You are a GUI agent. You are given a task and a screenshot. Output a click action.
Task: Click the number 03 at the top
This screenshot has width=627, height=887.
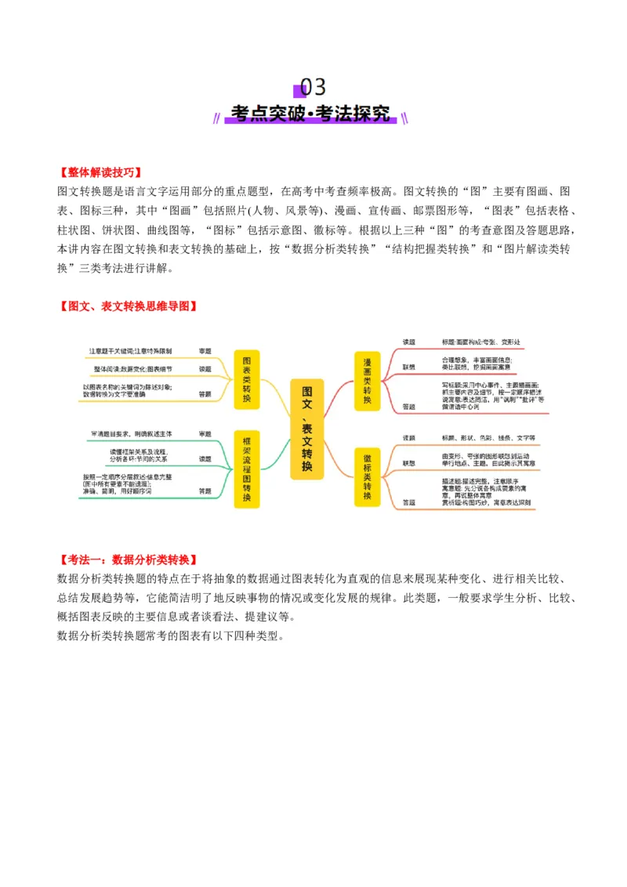(x=313, y=87)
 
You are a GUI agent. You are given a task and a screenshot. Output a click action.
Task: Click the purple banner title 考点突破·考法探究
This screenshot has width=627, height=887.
(x=313, y=114)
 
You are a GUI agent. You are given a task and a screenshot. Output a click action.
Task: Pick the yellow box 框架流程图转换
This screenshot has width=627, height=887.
(x=247, y=469)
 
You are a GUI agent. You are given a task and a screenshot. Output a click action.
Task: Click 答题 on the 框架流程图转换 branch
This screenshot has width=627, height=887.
(x=205, y=491)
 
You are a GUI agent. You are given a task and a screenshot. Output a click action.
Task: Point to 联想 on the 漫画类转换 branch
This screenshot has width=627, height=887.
(x=408, y=366)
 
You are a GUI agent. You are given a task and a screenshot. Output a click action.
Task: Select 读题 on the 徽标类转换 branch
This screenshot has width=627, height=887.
(x=408, y=437)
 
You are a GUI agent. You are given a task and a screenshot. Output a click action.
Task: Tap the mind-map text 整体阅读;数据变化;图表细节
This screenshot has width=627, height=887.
(x=132, y=368)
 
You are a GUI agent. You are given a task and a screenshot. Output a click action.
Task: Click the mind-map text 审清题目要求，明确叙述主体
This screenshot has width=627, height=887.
(x=131, y=433)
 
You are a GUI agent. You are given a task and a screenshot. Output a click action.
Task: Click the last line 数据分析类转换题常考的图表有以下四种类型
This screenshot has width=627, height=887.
(x=169, y=635)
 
